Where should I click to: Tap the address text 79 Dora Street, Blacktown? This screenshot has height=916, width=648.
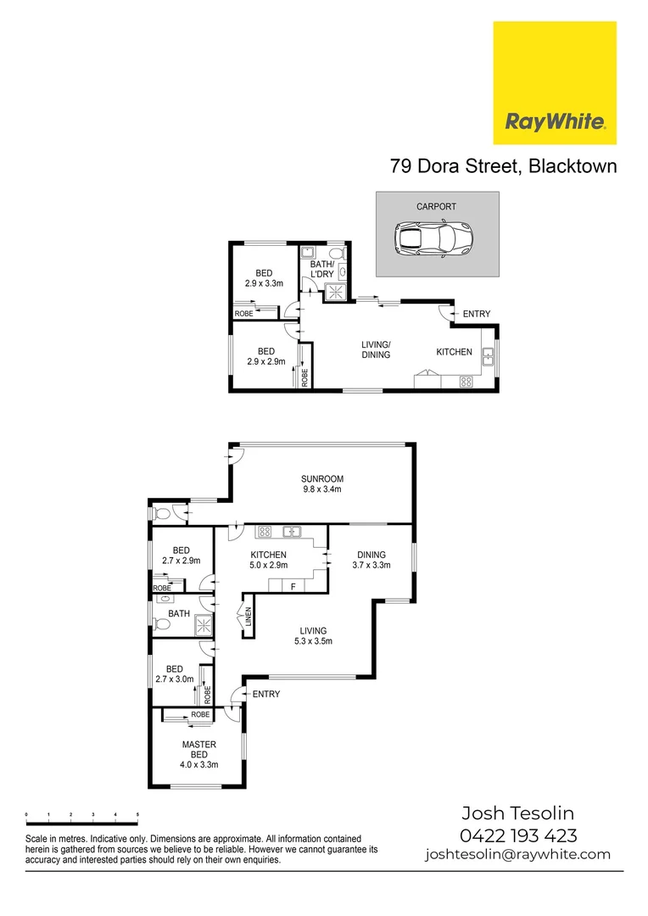pyautogui.click(x=503, y=165)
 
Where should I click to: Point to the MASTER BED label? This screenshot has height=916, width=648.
pyautogui.click(x=199, y=750)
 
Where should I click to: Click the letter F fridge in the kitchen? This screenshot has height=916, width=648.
pyautogui.click(x=293, y=585)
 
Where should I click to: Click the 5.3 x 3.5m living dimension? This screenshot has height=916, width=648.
pyautogui.click(x=313, y=641)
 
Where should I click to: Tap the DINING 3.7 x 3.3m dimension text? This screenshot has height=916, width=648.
pyautogui.click(x=371, y=566)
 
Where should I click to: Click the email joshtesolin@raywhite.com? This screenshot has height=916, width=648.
pyautogui.click(x=517, y=854)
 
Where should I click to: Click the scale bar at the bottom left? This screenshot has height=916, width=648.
pyautogui.click(x=82, y=817)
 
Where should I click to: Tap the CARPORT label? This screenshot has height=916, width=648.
pyautogui.click(x=436, y=207)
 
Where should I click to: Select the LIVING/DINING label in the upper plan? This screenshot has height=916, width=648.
pyautogui.click(x=376, y=349)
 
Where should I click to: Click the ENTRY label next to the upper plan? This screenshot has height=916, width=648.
pyautogui.click(x=476, y=315)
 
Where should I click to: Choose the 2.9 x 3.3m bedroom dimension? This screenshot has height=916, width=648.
pyautogui.click(x=265, y=283)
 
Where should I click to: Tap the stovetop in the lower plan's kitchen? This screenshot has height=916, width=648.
pyautogui.click(x=264, y=533)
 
